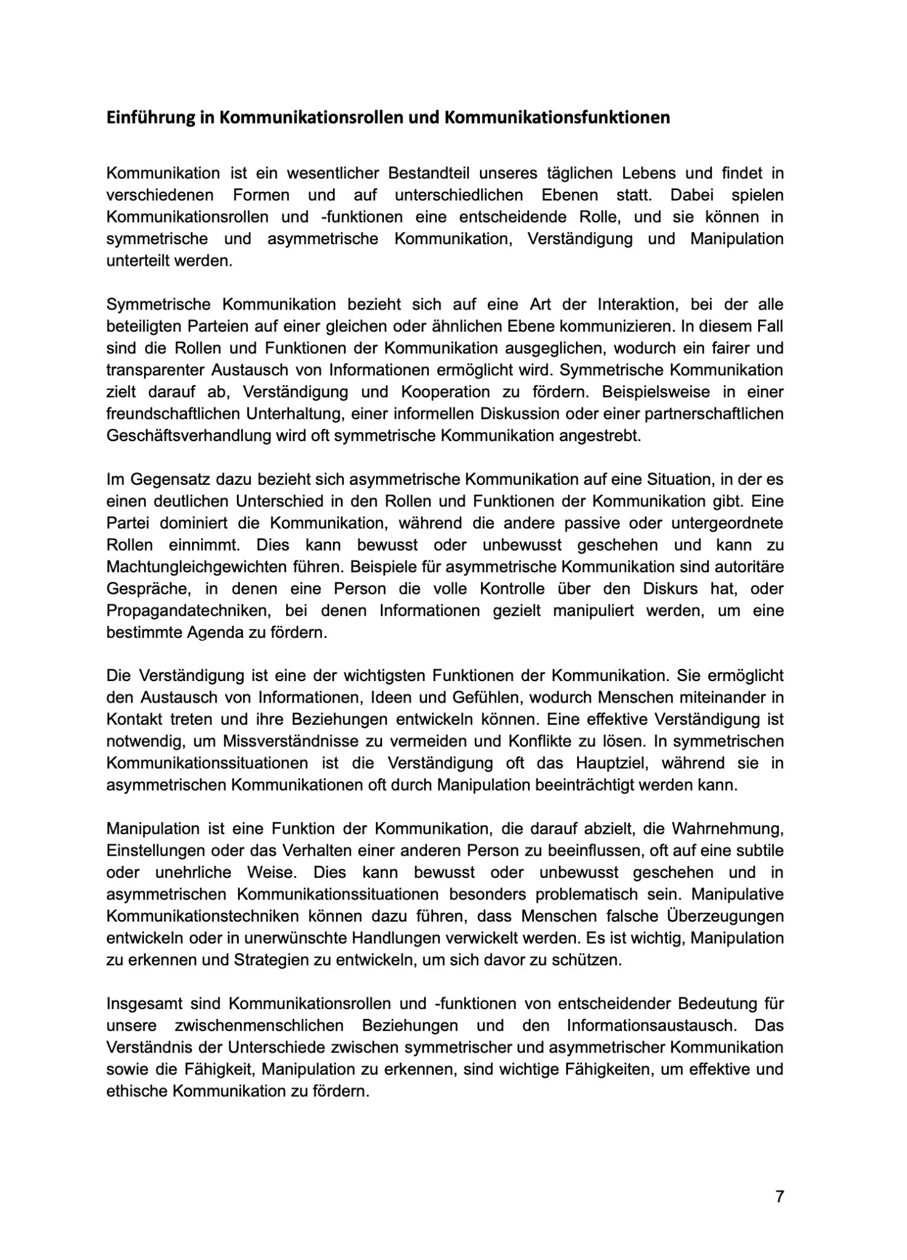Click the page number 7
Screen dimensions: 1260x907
click(780, 1197)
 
